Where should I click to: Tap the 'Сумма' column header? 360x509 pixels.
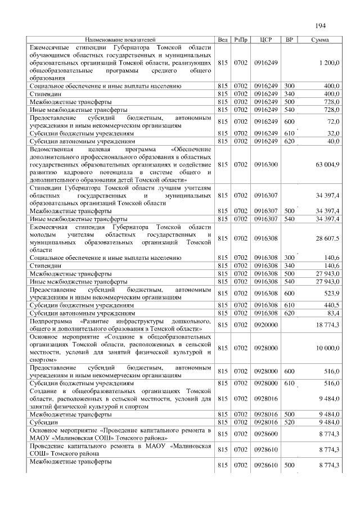coord(320,40)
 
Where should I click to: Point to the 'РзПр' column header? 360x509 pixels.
coord(240,40)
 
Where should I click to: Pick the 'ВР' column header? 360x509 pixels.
coord(290,40)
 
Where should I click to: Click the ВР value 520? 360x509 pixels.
coord(290,422)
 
